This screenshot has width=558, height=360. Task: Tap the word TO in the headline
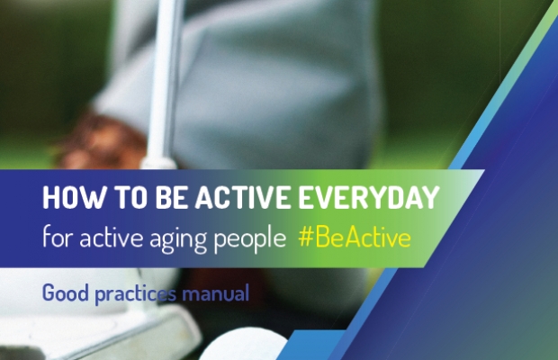(x=130, y=197)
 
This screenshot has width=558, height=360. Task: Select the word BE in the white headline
(x=171, y=197)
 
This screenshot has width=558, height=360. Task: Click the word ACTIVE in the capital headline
(x=243, y=197)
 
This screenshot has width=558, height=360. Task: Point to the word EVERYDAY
(x=369, y=197)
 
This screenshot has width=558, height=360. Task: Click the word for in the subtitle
(x=58, y=237)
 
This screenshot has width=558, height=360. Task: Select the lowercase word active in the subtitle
(x=111, y=238)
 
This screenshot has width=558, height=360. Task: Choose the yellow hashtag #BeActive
(x=355, y=238)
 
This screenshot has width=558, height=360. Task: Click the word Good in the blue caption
(x=66, y=292)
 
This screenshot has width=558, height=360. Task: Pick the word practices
(x=136, y=294)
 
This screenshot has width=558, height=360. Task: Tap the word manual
(x=215, y=293)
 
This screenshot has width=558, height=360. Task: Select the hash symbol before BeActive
(x=305, y=238)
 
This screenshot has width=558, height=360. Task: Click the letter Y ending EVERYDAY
(x=431, y=197)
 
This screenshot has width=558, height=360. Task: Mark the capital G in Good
(x=49, y=292)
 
